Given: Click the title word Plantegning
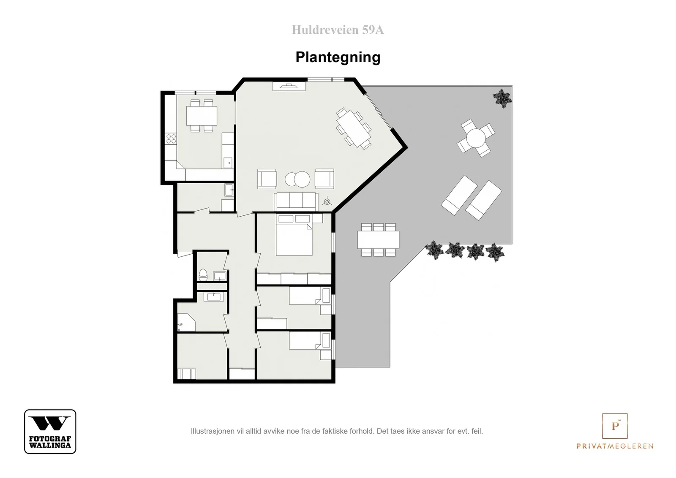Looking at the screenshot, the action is tap(338, 57).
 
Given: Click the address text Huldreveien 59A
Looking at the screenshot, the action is tap(338, 30).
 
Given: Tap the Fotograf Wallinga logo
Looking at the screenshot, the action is tap(50, 431).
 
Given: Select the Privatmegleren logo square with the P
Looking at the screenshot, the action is tap(615, 426).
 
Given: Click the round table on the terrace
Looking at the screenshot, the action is tap(476, 138).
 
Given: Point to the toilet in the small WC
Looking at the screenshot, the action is tap(203, 275).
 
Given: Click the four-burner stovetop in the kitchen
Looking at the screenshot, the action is tap(171, 139).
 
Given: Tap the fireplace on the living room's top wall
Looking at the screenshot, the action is tap(289, 86).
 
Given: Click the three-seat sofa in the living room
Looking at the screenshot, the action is tap(296, 201).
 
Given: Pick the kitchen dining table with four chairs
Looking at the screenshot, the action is tap(202, 116).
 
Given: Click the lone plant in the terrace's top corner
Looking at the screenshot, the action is tap(502, 98).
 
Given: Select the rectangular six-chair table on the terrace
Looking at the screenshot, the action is tap(378, 240).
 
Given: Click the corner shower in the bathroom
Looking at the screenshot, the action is tap(186, 323).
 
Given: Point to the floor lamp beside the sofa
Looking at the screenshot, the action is tap(327, 201).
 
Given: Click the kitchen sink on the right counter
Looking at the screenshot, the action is tap(228, 163).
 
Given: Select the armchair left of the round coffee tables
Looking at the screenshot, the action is tap(267, 179).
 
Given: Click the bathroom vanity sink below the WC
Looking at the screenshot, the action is tap(214, 297).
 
